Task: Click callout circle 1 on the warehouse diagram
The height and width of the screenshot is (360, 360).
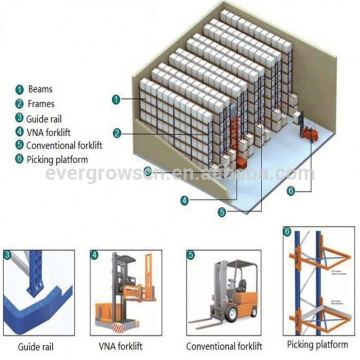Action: click(117, 99)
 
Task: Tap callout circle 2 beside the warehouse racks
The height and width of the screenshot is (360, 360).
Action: click(117, 132)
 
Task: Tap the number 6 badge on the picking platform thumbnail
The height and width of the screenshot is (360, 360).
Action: click(288, 235)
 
